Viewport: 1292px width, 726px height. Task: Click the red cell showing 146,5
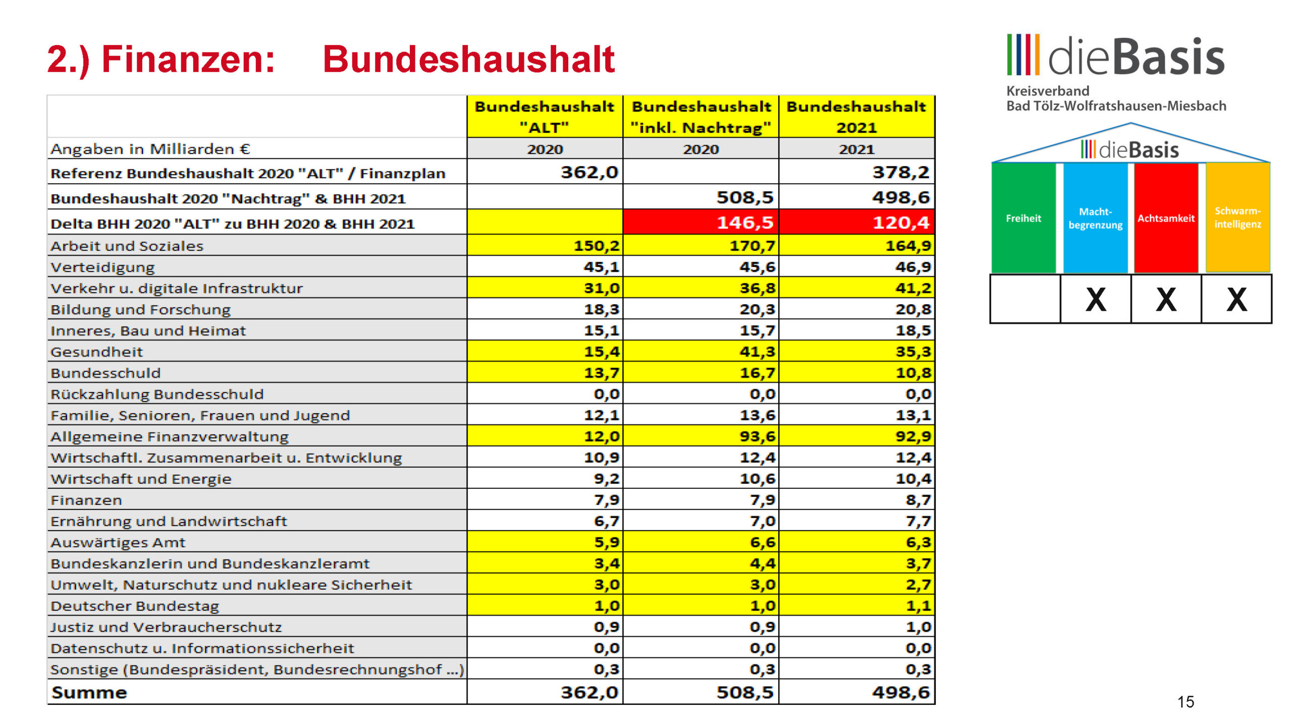(x=701, y=222)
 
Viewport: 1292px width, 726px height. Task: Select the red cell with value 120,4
(x=856, y=222)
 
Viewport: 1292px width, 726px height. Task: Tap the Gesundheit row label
(x=96, y=352)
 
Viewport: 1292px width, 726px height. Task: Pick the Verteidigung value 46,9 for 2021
(x=913, y=267)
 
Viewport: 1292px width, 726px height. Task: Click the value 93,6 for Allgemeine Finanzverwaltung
(x=757, y=436)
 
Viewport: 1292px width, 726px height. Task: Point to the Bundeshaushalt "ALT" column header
(x=545, y=117)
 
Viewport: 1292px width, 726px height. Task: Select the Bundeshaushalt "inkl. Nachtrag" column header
(x=701, y=117)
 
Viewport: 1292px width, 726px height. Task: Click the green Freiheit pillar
(x=1023, y=217)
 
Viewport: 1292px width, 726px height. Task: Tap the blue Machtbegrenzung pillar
(x=1095, y=217)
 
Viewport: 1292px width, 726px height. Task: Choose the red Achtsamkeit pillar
(x=1166, y=217)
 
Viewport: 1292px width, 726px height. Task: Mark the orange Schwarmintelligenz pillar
(x=1237, y=217)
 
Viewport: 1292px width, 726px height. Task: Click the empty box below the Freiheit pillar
(x=1025, y=299)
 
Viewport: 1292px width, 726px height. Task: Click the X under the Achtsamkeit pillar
(x=1166, y=299)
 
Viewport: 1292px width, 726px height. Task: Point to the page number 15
(x=1186, y=702)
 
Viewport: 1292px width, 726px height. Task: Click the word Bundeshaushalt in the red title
(x=468, y=59)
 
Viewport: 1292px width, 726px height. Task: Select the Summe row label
(x=89, y=692)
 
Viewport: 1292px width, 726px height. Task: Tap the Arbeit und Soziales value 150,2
(x=596, y=246)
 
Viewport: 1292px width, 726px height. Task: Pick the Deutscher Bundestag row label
(x=135, y=606)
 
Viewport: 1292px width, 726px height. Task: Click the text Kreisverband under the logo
(x=1048, y=91)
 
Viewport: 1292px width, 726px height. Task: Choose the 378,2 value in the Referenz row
(x=901, y=172)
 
